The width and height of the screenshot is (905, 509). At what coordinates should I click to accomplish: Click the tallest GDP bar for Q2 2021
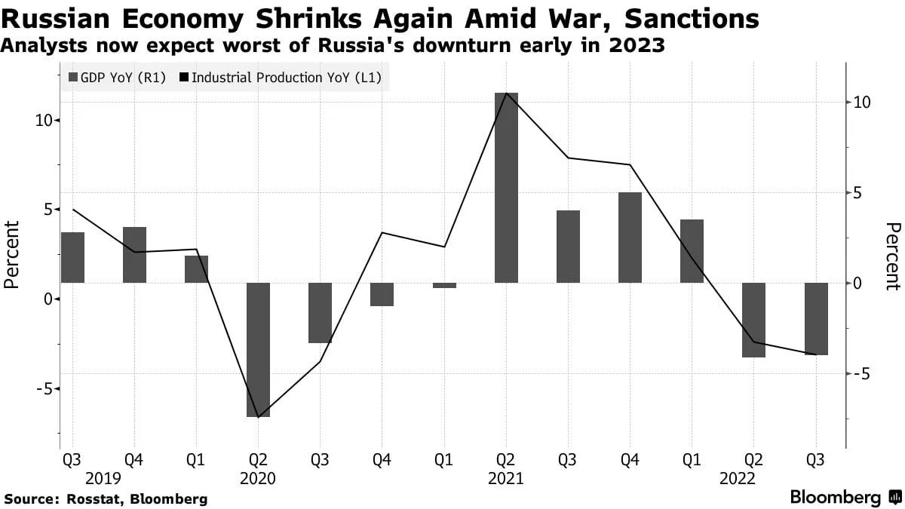pos(506,188)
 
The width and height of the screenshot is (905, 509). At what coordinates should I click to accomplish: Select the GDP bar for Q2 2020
pos(258,350)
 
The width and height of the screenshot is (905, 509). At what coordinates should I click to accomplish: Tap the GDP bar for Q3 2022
pos(816,319)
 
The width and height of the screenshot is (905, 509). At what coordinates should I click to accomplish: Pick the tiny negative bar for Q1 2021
pos(444,285)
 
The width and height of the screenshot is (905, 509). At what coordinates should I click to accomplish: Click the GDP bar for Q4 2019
pos(134,255)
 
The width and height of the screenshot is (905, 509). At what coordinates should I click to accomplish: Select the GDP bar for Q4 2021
pos(630,238)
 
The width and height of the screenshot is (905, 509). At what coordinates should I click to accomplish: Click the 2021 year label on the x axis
pos(506,478)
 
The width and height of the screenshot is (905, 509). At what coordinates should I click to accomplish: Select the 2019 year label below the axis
pos(103,478)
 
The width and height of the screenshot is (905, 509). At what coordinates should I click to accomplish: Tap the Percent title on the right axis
pos(893,256)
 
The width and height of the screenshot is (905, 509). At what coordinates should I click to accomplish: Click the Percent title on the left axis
pos(11,255)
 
